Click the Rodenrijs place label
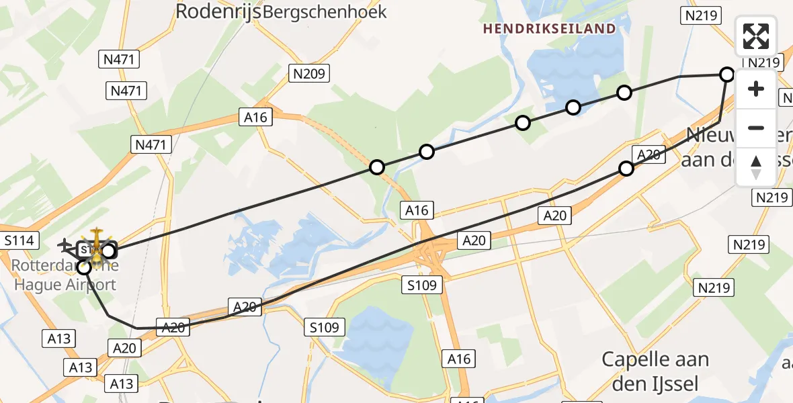[218, 11]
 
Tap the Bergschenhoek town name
[325, 11]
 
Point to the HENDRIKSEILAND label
[549, 28]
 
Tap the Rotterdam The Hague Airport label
[64, 275]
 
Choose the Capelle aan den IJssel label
[655, 371]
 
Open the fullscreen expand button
[756, 36]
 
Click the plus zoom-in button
[756, 89]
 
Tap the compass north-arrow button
[756, 167]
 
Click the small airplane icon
[65, 244]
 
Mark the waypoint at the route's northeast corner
[726, 74]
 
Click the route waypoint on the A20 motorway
[626, 169]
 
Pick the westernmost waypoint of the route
[84, 267]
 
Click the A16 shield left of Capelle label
[459, 359]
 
